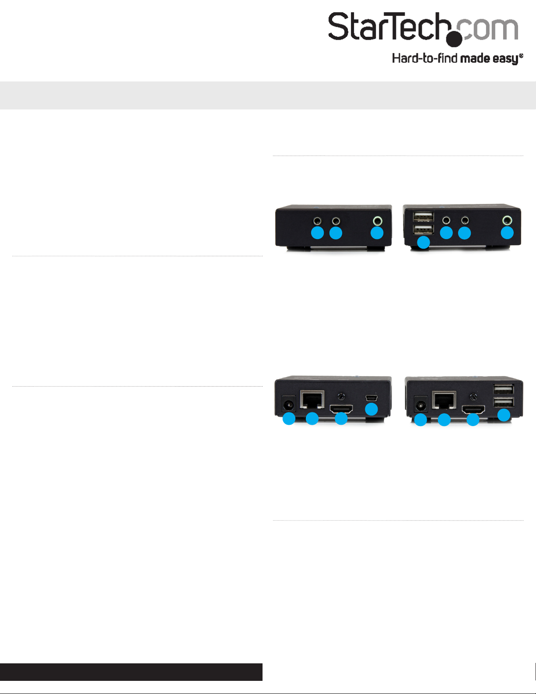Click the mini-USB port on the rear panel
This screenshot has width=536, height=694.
pos(371,398)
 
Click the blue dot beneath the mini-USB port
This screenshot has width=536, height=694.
pos(371,409)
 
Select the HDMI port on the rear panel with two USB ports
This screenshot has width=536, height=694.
pos(473,410)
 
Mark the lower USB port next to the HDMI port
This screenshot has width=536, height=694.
pos(504,402)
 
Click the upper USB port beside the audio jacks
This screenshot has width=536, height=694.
pos(423,217)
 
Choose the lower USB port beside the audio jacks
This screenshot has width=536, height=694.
pos(423,229)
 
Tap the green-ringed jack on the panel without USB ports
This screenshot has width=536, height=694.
pos(377,221)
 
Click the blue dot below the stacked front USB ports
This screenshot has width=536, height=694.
pos(423,242)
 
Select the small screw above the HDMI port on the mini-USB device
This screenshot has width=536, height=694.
pos(342,396)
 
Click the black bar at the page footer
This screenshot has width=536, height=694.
pos(131,672)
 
